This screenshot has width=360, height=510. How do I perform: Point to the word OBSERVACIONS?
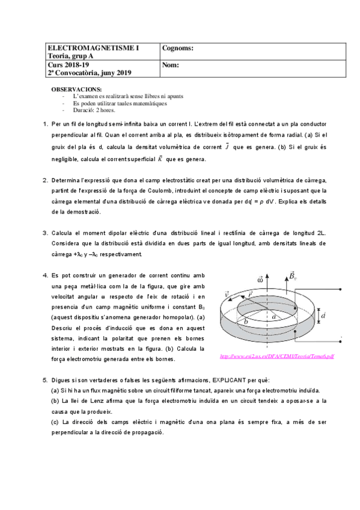[x=76, y=89]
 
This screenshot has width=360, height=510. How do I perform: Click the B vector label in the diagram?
[x=293, y=276]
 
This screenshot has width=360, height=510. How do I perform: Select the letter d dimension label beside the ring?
[x=325, y=315]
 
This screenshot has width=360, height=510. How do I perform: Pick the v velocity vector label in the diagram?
[x=227, y=295]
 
